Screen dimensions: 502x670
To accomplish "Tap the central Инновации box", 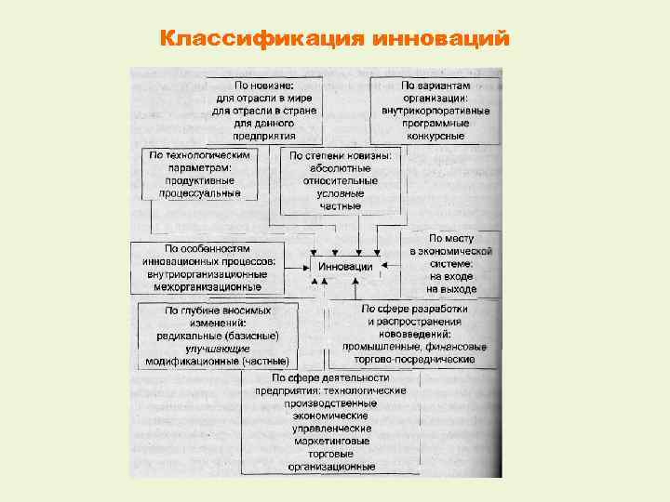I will coord(345,267).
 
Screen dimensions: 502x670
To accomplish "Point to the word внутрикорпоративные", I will coord(435,110).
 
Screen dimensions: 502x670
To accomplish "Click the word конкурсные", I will coord(435,136).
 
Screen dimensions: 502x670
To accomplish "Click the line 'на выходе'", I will coord(452,289).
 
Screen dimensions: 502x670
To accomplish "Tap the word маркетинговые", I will coord(330,441).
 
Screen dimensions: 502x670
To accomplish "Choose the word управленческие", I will coord(330,428).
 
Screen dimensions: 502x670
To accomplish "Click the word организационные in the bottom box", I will coord(330,467).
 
